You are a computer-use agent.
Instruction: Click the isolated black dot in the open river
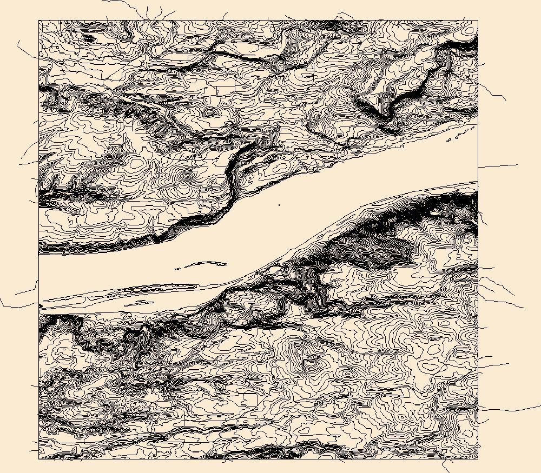(x=279, y=205)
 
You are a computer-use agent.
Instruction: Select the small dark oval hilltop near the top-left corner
(x=87, y=38)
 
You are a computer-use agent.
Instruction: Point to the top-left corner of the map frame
(x=39, y=21)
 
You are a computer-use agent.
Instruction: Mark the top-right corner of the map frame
(x=478, y=21)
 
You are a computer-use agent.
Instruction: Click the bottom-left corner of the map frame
(x=39, y=459)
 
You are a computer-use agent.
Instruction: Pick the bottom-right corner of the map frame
(x=478, y=459)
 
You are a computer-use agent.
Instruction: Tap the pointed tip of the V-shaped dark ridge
(x=387, y=118)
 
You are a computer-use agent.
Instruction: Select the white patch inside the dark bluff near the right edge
(x=433, y=213)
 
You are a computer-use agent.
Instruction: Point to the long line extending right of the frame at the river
(x=498, y=165)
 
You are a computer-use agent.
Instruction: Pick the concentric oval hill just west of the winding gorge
(x=187, y=175)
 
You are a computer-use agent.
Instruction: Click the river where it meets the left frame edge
(x=39, y=278)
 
